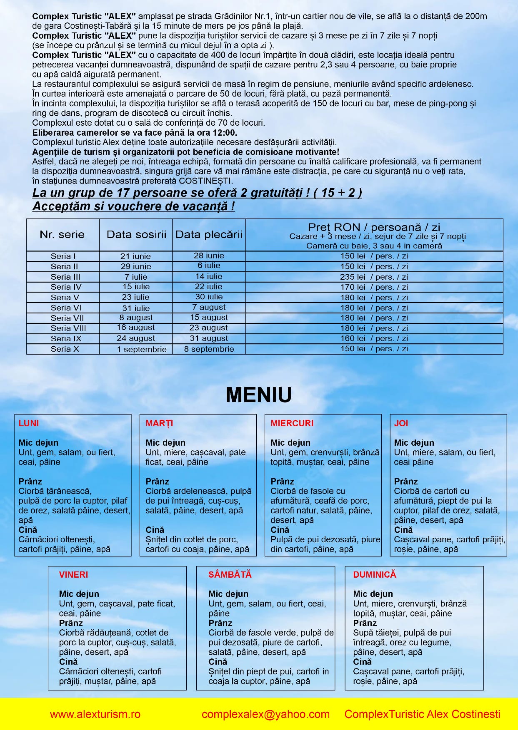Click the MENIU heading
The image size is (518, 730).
tap(258, 395)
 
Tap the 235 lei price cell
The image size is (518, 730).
tap(374, 277)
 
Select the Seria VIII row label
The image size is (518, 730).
tap(68, 328)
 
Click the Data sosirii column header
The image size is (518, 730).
tap(136, 234)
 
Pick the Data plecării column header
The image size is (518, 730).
tap(209, 234)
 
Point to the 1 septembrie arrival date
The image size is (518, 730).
tap(142, 349)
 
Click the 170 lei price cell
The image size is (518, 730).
tap(374, 287)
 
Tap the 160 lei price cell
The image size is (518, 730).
tap(374, 338)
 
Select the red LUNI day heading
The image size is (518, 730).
tap(29, 423)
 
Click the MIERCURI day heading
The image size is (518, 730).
tap(292, 423)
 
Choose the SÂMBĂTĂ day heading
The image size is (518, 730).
tap(230, 575)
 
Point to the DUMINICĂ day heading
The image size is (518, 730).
tap(374, 575)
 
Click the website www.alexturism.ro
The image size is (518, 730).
tap(95, 715)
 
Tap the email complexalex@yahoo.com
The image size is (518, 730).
tap(265, 715)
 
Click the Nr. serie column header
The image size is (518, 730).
tap(62, 234)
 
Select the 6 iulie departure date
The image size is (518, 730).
tap(209, 266)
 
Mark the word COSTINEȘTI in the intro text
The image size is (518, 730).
tap(205, 181)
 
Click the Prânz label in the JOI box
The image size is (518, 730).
tap(405, 482)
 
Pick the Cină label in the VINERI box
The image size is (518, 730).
tap(68, 662)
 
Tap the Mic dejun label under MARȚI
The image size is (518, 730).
tap(165, 443)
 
